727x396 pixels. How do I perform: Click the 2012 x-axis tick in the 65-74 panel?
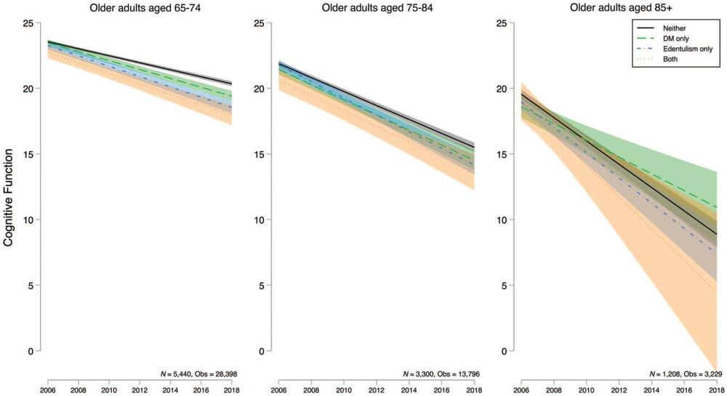[140, 390]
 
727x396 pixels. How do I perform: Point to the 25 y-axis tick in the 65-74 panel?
[28, 23]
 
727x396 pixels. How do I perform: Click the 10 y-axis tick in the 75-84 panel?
[260, 220]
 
